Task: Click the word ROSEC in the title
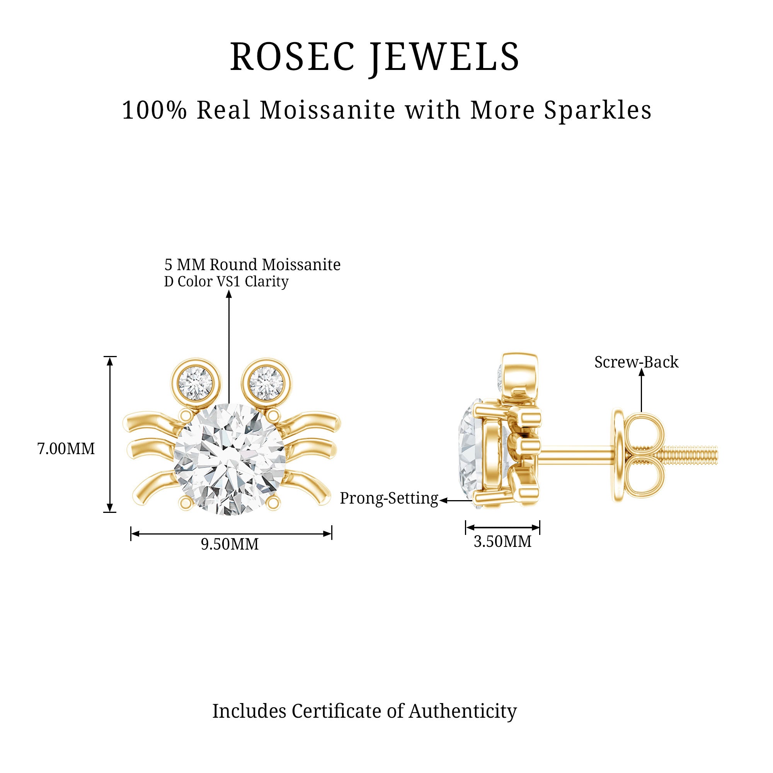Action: [292, 57]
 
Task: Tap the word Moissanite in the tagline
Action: [328, 110]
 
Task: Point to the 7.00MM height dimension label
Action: [66, 448]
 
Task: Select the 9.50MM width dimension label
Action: [230, 544]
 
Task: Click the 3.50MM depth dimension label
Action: [502, 541]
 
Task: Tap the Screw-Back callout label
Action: [636, 362]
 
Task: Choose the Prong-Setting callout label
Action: [389, 498]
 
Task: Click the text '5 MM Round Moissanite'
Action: [252, 264]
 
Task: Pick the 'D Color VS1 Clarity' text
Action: [226, 282]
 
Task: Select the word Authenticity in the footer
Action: [463, 711]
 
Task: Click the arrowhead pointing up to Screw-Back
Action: [641, 372]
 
